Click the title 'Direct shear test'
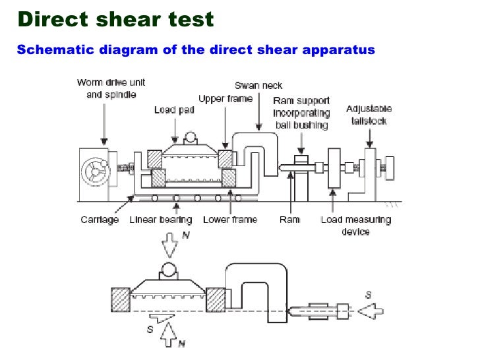[x=116, y=18]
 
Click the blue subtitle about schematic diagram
[x=195, y=49]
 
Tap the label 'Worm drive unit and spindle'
[x=111, y=88]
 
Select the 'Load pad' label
[x=174, y=110]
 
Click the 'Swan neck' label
[x=258, y=86]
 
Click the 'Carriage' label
[x=99, y=220]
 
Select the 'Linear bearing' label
[x=161, y=220]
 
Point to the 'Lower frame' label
[x=230, y=220]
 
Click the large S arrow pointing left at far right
[x=371, y=311]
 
